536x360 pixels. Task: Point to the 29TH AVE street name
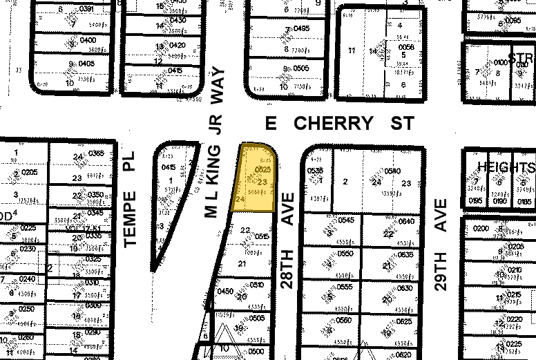click(x=441, y=245)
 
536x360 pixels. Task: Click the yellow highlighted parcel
click(x=257, y=181)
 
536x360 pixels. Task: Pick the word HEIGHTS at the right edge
click(x=506, y=168)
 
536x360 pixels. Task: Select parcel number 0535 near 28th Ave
click(x=315, y=170)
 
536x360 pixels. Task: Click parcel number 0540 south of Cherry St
click(x=392, y=171)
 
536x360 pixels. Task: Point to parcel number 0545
click(x=346, y=221)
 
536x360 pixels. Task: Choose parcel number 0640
click(x=406, y=222)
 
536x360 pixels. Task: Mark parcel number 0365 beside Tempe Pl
click(x=95, y=153)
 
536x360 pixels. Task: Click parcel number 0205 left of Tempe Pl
click(x=29, y=171)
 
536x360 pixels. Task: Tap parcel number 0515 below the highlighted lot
click(x=262, y=236)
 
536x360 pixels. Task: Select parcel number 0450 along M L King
click(x=225, y=291)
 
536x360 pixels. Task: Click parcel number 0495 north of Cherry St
click(x=301, y=28)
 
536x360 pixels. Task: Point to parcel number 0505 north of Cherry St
click(x=301, y=68)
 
